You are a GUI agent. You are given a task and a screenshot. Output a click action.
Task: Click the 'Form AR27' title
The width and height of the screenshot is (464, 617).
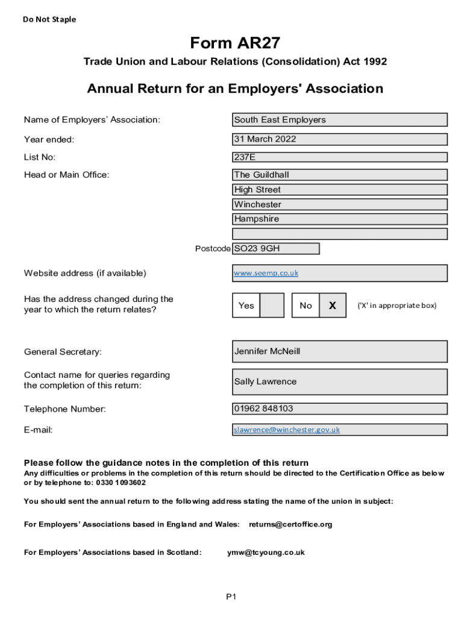coord(235,43)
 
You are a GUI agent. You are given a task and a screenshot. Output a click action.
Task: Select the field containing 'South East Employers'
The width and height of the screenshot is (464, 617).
coord(340,120)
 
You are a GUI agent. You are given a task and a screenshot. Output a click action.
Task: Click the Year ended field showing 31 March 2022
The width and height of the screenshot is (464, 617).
coord(340,139)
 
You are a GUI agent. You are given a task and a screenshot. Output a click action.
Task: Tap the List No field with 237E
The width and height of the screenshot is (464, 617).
coord(340,157)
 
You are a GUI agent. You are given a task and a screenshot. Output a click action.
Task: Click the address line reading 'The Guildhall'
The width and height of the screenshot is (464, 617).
coord(340,175)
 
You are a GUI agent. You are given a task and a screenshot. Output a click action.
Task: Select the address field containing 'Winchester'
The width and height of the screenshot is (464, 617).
coord(340,204)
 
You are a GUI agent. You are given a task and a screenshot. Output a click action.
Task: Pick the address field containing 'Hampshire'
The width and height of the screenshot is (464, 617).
coord(340,219)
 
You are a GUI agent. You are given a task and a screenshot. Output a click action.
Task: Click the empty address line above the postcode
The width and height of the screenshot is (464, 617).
coord(340,234)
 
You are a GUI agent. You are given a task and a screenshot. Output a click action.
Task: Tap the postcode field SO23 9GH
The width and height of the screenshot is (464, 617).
coord(276,248)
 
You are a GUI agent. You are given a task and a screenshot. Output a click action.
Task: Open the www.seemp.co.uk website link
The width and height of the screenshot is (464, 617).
coord(266,273)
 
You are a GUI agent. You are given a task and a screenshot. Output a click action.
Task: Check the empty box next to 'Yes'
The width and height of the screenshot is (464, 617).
coord(272,305)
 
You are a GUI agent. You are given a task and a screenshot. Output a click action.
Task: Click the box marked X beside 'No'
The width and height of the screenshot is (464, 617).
coord(333,305)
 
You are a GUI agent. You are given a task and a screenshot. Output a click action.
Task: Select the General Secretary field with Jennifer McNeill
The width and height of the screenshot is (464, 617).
coord(340,351)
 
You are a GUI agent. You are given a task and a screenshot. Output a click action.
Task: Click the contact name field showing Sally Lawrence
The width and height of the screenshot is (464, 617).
coord(340,381)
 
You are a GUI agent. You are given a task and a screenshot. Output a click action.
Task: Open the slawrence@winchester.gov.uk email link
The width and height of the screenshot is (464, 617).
coord(287,430)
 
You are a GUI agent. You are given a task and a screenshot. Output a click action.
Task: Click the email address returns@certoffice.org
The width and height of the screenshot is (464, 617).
coord(290,524)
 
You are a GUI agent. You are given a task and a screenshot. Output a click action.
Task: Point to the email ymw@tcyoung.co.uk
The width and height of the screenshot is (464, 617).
coord(266,553)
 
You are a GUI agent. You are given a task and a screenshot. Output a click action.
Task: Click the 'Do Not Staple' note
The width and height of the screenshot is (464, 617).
coord(49,19)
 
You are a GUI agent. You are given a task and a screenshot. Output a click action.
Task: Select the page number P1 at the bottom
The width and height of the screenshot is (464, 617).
coord(231,597)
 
